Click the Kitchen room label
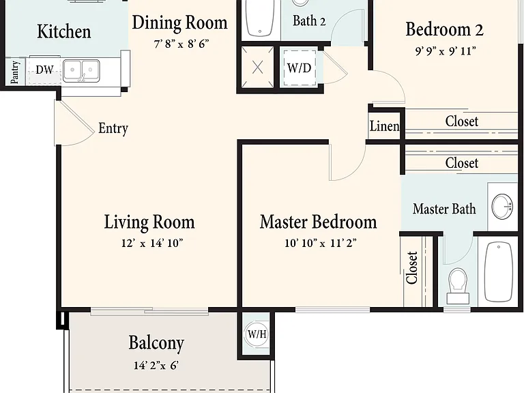[64, 31]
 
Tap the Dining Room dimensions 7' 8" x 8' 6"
[181, 44]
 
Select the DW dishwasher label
[44, 70]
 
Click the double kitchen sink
[81, 70]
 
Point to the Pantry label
[15, 72]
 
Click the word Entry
[113, 128]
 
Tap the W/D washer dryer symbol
[300, 68]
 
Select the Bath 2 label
[309, 20]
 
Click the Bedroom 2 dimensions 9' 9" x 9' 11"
[446, 51]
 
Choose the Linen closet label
[384, 126]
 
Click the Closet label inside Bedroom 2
[461, 121]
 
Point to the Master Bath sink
[502, 207]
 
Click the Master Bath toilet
[458, 286]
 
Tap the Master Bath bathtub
[498, 272]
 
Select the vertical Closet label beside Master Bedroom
[412, 268]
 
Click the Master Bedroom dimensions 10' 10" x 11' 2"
[321, 243]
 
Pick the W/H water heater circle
[257, 334]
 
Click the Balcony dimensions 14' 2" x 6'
[156, 365]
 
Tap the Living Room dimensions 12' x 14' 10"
[152, 243]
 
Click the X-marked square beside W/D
[258, 68]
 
